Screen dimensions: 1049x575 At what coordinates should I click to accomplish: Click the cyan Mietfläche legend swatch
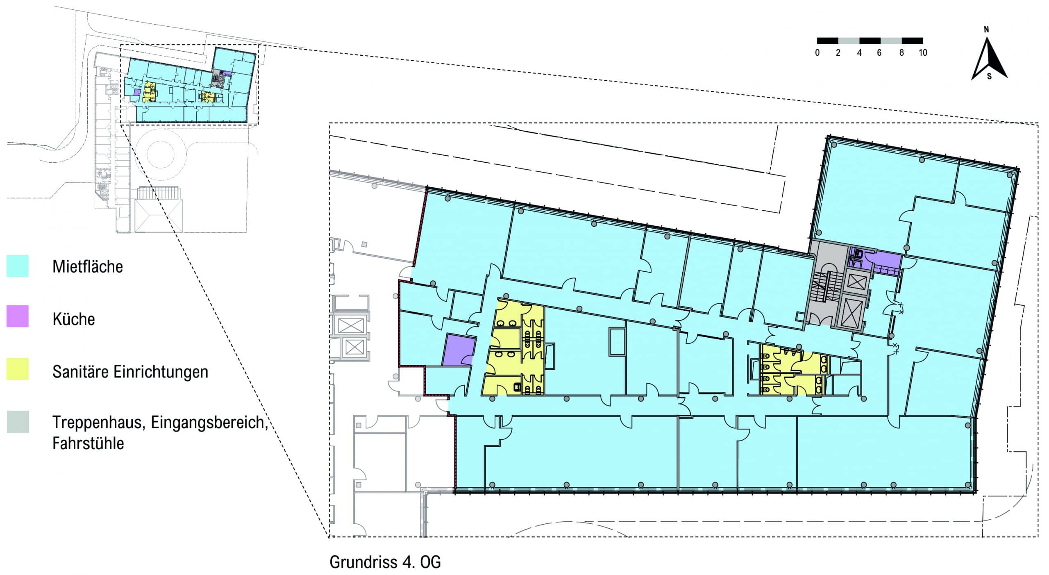(x=18, y=266)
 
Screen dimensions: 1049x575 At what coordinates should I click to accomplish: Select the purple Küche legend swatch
(x=18, y=316)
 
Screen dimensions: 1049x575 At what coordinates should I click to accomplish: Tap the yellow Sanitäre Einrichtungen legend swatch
(x=18, y=369)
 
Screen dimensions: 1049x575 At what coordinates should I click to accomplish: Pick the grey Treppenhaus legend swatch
(x=18, y=422)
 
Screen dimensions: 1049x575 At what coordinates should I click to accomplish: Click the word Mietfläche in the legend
(x=88, y=266)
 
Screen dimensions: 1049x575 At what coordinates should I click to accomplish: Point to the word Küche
(x=74, y=319)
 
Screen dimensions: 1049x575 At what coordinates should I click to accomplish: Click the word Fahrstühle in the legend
(x=88, y=443)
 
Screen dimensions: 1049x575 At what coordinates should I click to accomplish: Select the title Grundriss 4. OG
(x=385, y=562)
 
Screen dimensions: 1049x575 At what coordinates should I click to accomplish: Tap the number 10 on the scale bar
(x=923, y=52)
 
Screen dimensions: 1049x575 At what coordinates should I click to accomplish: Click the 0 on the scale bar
(x=817, y=52)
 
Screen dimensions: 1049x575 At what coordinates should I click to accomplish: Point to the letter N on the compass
(x=986, y=30)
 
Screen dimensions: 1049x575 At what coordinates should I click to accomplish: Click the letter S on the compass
(x=989, y=76)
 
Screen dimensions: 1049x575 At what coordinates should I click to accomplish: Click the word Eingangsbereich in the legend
(x=207, y=423)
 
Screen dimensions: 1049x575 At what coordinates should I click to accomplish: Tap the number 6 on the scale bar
(x=879, y=52)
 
